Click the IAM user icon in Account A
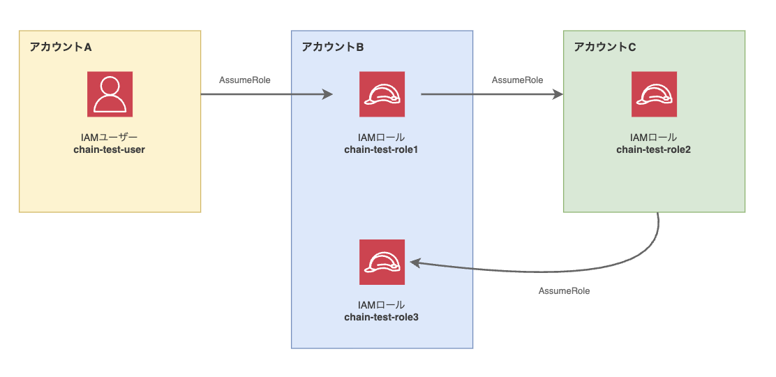(x=110, y=94)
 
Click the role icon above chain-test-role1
(x=382, y=94)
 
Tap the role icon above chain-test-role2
(x=654, y=94)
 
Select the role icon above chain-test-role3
(x=382, y=262)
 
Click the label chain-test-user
(x=109, y=149)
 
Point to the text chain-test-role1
(x=381, y=149)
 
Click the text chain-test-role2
(x=654, y=149)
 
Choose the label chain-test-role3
(x=381, y=317)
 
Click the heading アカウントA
(x=61, y=47)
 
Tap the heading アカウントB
(x=333, y=47)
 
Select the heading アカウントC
(x=605, y=47)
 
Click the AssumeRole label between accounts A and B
(x=245, y=80)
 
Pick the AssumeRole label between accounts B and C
(x=517, y=80)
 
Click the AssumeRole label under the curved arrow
(x=564, y=290)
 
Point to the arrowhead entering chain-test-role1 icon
(x=328, y=94)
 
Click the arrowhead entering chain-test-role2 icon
(x=558, y=94)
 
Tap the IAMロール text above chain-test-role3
(x=381, y=305)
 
